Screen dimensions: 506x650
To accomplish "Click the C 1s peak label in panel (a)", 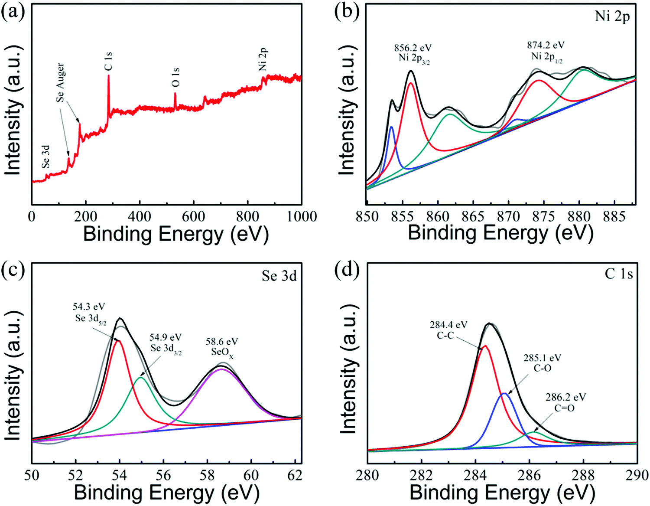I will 108,61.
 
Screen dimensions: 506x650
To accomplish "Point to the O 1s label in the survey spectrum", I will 175,77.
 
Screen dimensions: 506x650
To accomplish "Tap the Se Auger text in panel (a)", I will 61,83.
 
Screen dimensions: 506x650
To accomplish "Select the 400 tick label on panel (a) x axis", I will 140,216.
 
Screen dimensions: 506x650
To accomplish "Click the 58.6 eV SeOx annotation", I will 222,346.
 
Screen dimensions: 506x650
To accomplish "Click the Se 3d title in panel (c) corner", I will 279,276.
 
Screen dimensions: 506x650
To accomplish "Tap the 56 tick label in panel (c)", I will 163,475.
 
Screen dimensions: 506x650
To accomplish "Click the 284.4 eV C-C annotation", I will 448,330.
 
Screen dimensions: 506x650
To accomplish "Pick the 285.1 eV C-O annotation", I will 543,363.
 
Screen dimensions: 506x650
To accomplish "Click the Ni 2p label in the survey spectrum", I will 263,59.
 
